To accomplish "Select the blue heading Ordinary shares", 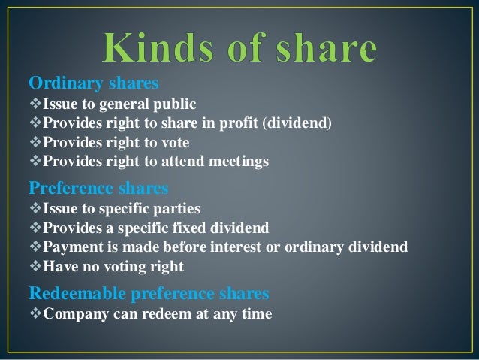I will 94,82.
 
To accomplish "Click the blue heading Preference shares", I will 98,186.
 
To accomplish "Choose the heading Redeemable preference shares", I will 149,292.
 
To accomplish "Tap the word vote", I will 173,142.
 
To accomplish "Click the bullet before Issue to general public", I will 35,104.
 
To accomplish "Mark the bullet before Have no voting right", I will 35,267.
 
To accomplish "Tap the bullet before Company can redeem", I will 35,313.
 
